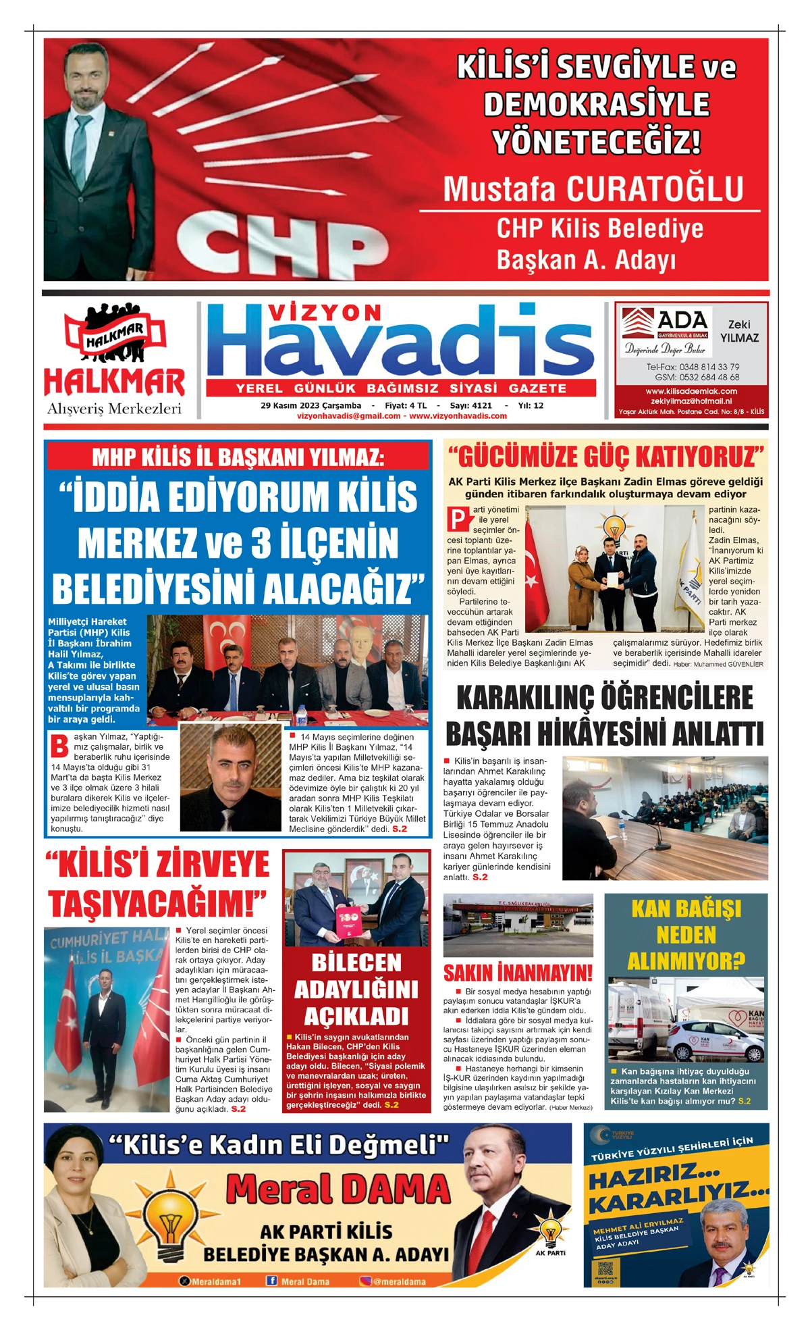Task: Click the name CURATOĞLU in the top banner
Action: pos(655,190)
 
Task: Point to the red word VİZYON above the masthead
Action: pos(324,312)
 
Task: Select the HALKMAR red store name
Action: pos(114,383)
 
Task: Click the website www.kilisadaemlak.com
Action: pos(691,391)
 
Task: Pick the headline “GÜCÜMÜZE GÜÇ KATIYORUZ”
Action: pos(605,457)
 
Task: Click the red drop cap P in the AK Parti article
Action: pos(458,519)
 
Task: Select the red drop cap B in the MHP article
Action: pos(59,746)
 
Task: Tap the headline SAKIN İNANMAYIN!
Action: pos(518,973)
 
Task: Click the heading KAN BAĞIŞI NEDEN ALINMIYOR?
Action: pos(686,935)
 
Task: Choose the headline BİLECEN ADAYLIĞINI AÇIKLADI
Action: pos(356,990)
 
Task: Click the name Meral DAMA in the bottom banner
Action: pos(337,1189)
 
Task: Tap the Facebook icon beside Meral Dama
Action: pos(271,1281)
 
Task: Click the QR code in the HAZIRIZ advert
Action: pos(605,1268)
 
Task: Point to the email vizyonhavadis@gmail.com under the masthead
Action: pos(348,416)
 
